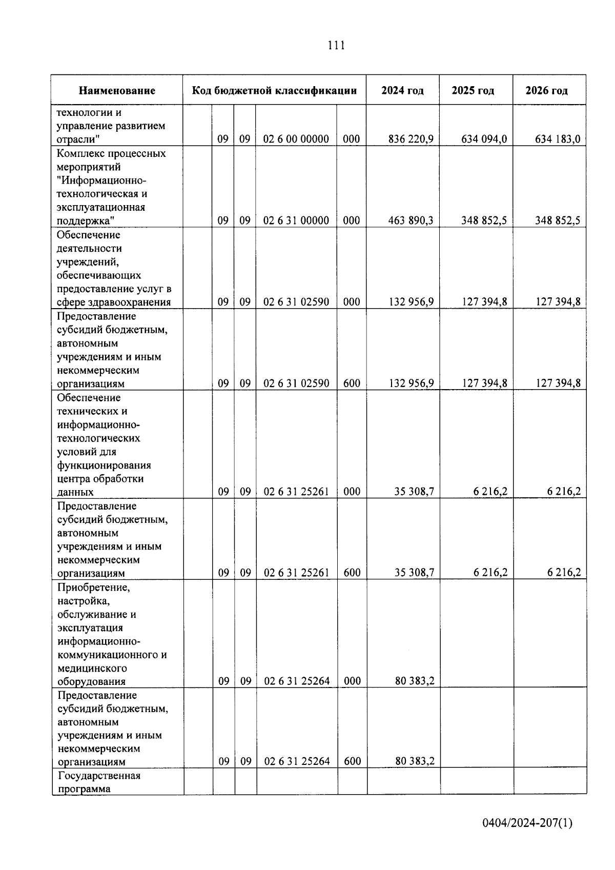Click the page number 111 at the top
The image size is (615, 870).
click(x=336, y=46)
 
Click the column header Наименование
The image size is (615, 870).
click(x=117, y=91)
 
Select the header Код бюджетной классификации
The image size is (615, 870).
click(x=274, y=91)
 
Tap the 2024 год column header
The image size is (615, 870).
click(x=402, y=91)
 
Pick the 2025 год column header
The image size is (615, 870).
click(x=473, y=91)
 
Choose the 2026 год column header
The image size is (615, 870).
click(x=547, y=91)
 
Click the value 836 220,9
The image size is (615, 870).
click(x=411, y=139)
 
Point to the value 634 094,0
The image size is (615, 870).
click(x=484, y=139)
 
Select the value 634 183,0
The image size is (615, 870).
click(x=558, y=139)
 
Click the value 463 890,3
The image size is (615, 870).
click(x=411, y=220)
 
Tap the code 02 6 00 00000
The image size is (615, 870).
click(x=296, y=139)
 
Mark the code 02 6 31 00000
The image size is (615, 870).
click(x=296, y=220)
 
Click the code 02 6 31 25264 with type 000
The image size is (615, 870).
click(x=297, y=681)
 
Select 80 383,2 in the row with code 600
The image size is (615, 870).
click(x=415, y=761)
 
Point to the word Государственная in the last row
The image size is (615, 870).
click(x=99, y=776)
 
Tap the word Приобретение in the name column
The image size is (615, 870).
click(x=94, y=588)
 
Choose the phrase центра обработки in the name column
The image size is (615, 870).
click(x=100, y=479)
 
